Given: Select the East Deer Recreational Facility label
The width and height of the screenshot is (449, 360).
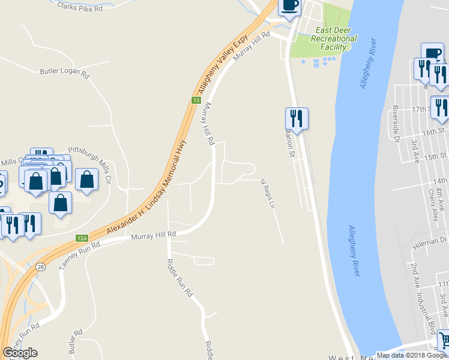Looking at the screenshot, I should pos(333,38).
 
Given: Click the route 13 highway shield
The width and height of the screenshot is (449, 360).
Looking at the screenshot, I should pos(196,100).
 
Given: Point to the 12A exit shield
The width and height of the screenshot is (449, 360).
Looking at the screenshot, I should pos(82,238).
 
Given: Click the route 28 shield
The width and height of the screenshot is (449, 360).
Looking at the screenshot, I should pos(40,268).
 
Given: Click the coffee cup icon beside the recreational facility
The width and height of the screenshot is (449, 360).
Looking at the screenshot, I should pos(289,6).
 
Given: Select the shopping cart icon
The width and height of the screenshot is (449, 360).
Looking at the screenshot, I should pos(443,339).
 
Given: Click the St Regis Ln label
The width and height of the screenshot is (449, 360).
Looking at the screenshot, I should pos(267,193).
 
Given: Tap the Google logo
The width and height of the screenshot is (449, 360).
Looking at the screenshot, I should pos(20,353).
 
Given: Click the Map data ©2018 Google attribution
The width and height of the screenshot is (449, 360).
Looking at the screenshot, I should pos(412,355).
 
